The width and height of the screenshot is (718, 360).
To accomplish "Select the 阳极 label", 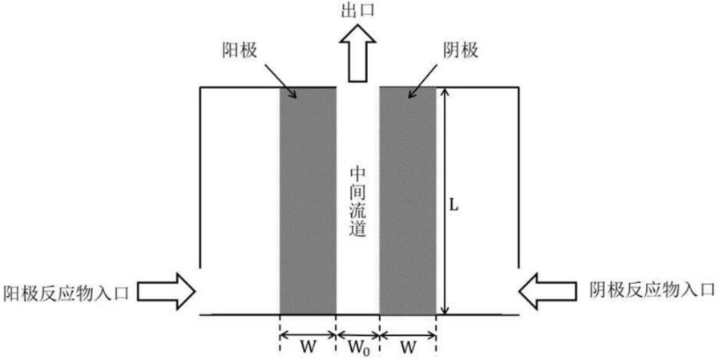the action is click(x=238, y=49).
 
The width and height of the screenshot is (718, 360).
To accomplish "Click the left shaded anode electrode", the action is click(x=307, y=200).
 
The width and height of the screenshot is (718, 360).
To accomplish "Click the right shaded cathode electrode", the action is click(x=408, y=200).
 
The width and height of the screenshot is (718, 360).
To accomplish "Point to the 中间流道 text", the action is click(x=357, y=200).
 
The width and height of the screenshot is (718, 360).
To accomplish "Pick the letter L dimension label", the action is click(x=454, y=205).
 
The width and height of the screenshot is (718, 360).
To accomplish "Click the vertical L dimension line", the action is click(x=444, y=200).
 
